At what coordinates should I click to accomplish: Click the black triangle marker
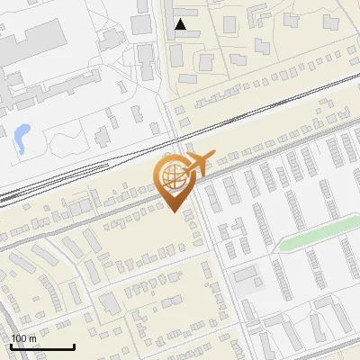181,25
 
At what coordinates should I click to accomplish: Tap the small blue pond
21,137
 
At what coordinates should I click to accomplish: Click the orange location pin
174,179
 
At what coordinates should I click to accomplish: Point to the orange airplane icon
196,164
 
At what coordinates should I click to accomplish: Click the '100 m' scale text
23,338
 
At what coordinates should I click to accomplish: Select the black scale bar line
42,347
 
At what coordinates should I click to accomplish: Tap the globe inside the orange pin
173,175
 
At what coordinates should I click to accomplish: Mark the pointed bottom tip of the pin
174,212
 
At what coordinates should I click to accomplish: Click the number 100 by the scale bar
19,338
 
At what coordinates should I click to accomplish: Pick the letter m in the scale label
33,338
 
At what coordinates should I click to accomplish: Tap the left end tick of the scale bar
11,346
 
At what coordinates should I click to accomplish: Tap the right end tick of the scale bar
74,346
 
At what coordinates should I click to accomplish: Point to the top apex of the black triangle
181,20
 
